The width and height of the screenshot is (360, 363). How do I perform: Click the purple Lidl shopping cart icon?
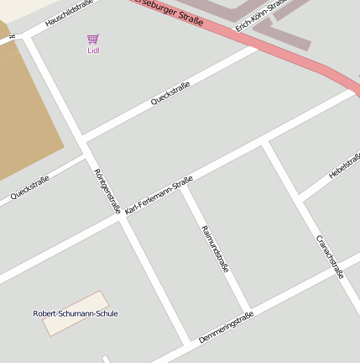coord(92,39)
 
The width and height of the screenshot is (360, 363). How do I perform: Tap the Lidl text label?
coord(92,50)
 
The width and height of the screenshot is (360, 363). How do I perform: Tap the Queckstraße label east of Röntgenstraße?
coord(170,93)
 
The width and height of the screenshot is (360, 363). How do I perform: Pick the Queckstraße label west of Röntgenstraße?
coord(30,188)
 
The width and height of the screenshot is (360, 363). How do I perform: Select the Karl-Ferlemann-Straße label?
coord(159,194)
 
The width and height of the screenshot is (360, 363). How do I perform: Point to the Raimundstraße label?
coord(215,249)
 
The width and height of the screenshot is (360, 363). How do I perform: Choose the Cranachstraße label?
coord(330,255)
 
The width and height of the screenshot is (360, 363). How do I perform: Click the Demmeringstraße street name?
coord(226,328)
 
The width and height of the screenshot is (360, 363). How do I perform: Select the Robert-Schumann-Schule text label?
coord(76,313)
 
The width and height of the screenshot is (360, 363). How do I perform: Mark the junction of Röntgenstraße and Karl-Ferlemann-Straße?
coord(120,218)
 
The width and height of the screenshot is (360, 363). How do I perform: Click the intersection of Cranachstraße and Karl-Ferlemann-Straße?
coord(265,144)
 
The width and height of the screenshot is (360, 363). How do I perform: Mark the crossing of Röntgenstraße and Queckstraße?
coord(83,139)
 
